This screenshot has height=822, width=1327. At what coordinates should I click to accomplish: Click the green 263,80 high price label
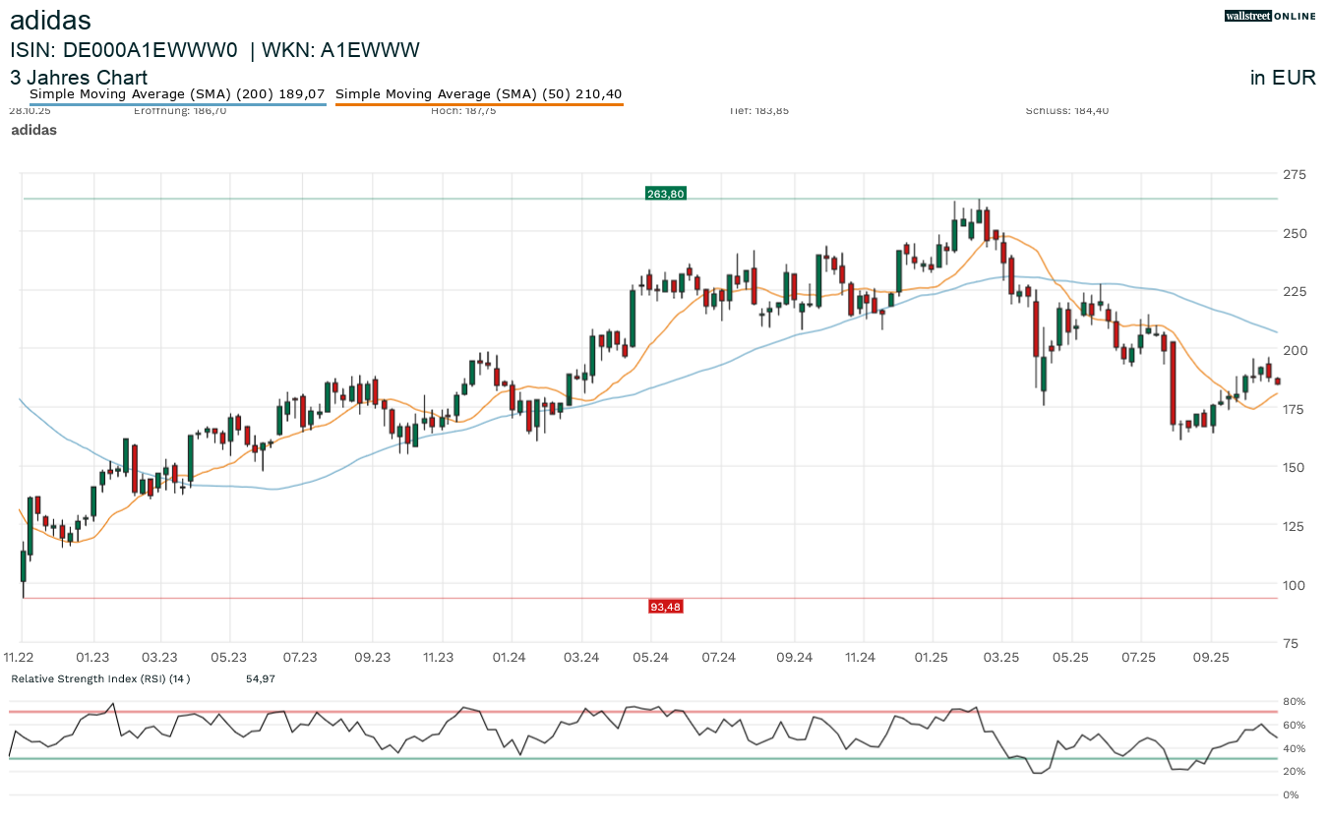point(665,194)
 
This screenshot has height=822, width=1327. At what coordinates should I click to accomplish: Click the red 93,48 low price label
point(665,607)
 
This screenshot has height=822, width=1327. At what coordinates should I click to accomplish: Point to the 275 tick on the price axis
point(1294,175)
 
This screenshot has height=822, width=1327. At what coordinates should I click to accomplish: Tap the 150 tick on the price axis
point(1294,467)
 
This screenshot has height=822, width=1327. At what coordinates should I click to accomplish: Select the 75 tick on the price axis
point(1290,643)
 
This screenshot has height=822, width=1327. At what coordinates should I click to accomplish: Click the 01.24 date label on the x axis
point(509,657)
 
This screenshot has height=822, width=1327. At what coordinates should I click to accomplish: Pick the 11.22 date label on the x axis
point(20,657)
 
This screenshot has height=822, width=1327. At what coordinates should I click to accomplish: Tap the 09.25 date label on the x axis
point(1211,657)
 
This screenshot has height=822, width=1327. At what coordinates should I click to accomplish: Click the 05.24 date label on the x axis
point(650,657)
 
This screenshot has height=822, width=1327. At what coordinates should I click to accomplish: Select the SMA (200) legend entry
point(177,94)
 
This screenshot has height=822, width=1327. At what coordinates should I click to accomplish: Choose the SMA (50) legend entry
point(479,94)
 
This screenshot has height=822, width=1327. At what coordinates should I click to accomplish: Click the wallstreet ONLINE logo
point(1270,16)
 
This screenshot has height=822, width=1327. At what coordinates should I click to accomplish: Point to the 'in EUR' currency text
point(1283,79)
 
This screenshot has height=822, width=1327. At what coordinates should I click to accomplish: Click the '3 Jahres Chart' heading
point(79,78)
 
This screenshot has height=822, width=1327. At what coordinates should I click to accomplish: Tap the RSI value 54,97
point(261,678)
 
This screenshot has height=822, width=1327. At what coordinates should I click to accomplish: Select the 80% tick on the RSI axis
point(1294,702)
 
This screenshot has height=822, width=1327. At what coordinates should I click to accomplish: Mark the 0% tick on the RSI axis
point(1291,794)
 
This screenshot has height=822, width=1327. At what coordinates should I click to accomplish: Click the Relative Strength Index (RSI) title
point(99,678)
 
